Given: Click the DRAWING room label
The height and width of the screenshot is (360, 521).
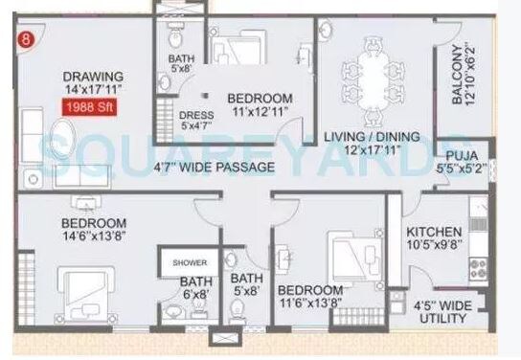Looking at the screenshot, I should (x=92, y=77).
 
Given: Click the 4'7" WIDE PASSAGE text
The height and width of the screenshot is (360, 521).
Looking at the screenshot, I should (x=215, y=168).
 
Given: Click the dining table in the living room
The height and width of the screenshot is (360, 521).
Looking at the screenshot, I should (x=374, y=68).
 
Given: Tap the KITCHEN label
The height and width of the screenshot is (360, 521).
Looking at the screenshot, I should (x=434, y=232).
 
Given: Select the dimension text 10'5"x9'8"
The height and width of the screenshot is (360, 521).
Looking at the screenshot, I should (x=435, y=246).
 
